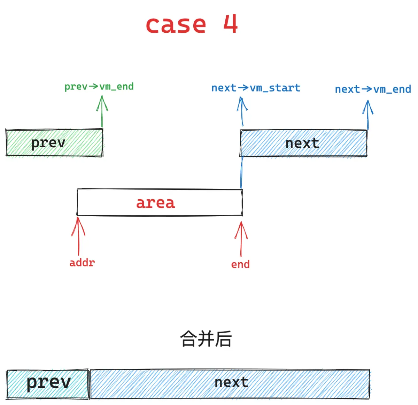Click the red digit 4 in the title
(231, 24)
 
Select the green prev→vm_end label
(99, 87)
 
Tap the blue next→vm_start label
(256, 88)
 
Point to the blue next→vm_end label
(373, 89)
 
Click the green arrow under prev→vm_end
(102, 111)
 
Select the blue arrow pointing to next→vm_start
(242, 111)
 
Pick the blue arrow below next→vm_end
(368, 115)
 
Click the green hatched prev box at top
(54, 142)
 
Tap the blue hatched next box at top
(303, 143)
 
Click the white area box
(160, 202)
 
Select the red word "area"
(155, 203)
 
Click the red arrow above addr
(78, 236)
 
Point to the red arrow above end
(241, 239)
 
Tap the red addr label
(82, 263)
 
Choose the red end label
(240, 264)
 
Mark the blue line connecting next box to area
(242, 173)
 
